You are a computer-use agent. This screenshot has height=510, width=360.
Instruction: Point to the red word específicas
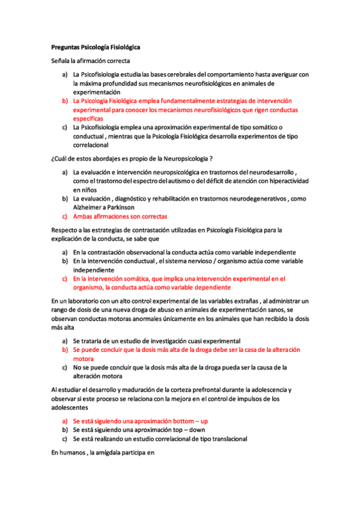click(x=88, y=119)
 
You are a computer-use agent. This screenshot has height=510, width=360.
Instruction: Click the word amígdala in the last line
click(x=102, y=454)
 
